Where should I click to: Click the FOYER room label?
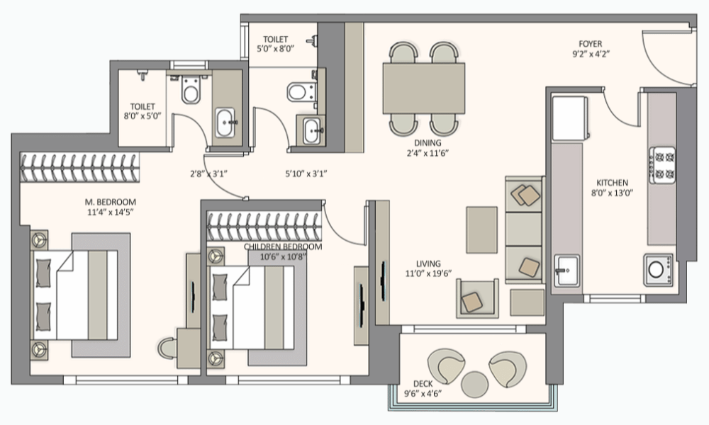(590, 44)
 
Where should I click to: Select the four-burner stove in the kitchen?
(662, 165)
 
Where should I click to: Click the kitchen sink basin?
(566, 270)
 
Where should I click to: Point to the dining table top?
(424, 89)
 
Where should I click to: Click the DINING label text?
(428, 143)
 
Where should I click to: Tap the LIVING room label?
(428, 263)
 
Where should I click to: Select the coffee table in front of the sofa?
(481, 230)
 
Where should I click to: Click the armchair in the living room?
(477, 298)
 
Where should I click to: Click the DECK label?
(423, 383)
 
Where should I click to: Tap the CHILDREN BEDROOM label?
(283, 246)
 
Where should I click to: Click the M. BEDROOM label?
(111, 202)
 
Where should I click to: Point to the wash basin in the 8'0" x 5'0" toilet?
(225, 123)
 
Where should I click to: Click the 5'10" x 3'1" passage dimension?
(306, 173)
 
